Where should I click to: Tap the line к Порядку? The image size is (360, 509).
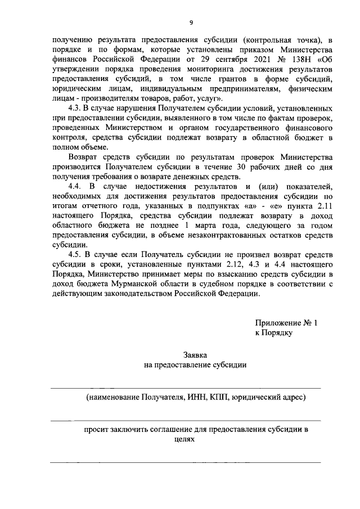pos(273,334)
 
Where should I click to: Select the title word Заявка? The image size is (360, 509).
pos(195,355)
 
